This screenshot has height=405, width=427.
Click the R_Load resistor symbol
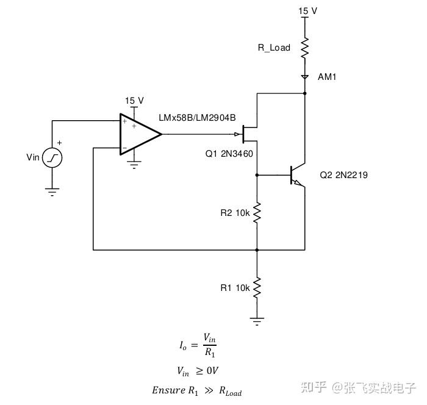point(305,48)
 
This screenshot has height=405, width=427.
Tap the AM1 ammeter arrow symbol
point(305,77)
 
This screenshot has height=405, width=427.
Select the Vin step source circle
point(52,158)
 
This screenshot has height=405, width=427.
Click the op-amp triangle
point(140,134)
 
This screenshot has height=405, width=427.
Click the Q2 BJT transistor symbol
point(298,176)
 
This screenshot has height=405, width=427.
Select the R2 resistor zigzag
point(257,213)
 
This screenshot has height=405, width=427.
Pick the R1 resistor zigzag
point(257,288)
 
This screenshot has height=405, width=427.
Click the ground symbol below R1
point(257,321)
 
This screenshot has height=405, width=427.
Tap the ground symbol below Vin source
point(52,192)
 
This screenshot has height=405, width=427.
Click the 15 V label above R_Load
point(307,11)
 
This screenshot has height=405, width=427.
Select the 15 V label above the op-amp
point(134,101)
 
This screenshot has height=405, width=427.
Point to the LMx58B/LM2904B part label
point(197,118)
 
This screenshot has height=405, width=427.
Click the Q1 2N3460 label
point(229,154)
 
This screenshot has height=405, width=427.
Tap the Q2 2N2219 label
point(343,175)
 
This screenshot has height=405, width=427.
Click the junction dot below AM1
point(305,93)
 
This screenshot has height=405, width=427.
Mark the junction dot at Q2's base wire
point(257,175)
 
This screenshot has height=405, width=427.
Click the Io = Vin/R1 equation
point(198,345)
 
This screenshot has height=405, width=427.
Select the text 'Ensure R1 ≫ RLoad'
point(197,390)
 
